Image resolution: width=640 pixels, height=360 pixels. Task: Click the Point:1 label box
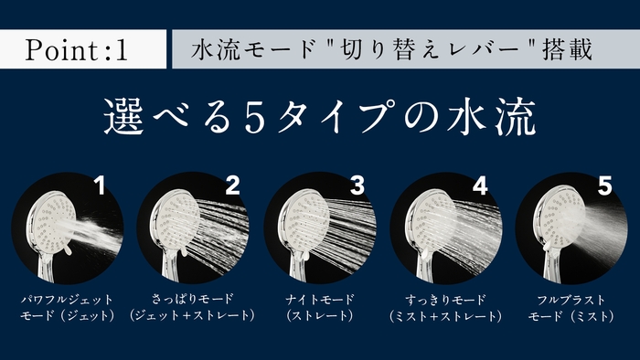[83, 49]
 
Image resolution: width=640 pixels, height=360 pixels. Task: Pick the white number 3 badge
[357, 187]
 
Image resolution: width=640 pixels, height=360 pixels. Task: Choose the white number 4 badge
[481, 187]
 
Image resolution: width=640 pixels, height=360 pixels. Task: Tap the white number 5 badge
[604, 187]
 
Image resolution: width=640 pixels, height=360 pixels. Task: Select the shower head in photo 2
[174, 224]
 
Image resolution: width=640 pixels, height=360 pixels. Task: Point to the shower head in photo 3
[301, 224]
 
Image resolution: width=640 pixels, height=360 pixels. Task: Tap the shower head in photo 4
[426, 224]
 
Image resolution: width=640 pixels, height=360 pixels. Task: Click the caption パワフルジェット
[68, 299]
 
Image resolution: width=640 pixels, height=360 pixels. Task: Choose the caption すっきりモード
[445, 299]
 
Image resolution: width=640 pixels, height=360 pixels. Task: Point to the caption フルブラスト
[571, 299]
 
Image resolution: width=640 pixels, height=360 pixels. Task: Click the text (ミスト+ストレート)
[445, 316]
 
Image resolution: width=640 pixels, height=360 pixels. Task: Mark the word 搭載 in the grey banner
[567, 49]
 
